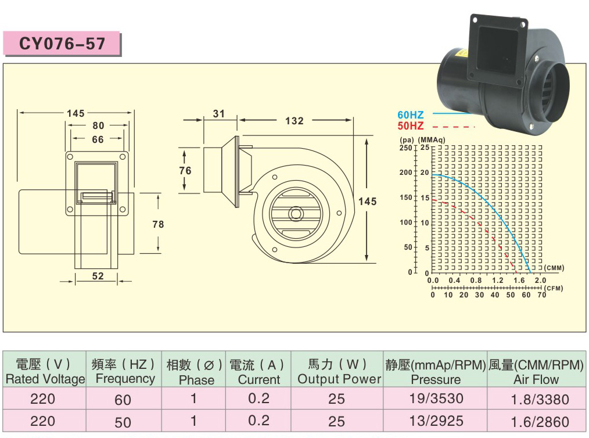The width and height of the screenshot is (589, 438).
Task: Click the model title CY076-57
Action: (x=62, y=44)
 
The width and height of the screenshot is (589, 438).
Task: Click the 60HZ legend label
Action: (x=411, y=115)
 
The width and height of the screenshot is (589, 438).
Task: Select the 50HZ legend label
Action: (x=411, y=126)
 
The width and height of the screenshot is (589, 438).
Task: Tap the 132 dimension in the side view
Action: (x=294, y=121)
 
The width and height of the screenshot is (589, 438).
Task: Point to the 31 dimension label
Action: (x=218, y=113)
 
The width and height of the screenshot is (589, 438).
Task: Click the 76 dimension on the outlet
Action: (x=185, y=171)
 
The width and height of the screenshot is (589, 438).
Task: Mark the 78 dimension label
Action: (x=158, y=224)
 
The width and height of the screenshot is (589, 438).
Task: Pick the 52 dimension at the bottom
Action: (x=98, y=276)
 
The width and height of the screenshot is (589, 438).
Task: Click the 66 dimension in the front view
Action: (x=98, y=139)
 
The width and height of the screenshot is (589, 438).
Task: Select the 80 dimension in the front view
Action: (x=98, y=125)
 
